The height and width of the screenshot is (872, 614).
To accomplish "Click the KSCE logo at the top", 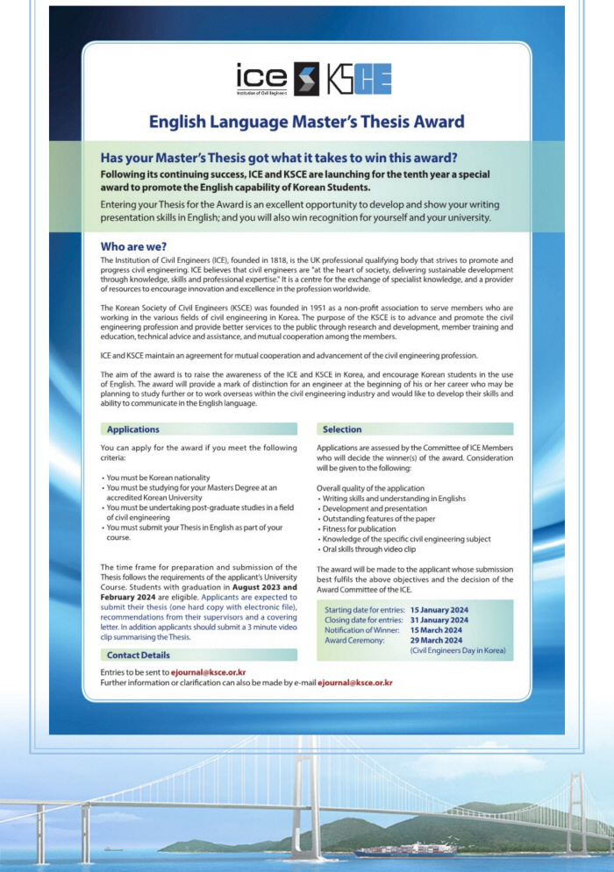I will pos(358,79).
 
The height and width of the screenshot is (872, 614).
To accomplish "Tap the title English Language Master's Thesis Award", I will pos(306,122).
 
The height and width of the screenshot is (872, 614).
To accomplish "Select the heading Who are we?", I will pos(133,246).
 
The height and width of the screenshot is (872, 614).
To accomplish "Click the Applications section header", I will pos(132,429).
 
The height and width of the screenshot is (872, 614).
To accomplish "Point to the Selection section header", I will pos(342,429).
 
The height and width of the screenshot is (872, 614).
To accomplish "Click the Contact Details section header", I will pos(138,656).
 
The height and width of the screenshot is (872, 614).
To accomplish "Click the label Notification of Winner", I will pos(361,630).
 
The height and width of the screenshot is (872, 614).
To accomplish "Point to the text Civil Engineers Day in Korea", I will pos(457,651).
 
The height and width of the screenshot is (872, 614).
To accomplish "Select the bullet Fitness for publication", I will pos(359,528).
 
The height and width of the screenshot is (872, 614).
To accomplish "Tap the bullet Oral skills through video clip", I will pos(371,549).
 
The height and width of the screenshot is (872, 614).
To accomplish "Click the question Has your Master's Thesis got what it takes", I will pos(279,158).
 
